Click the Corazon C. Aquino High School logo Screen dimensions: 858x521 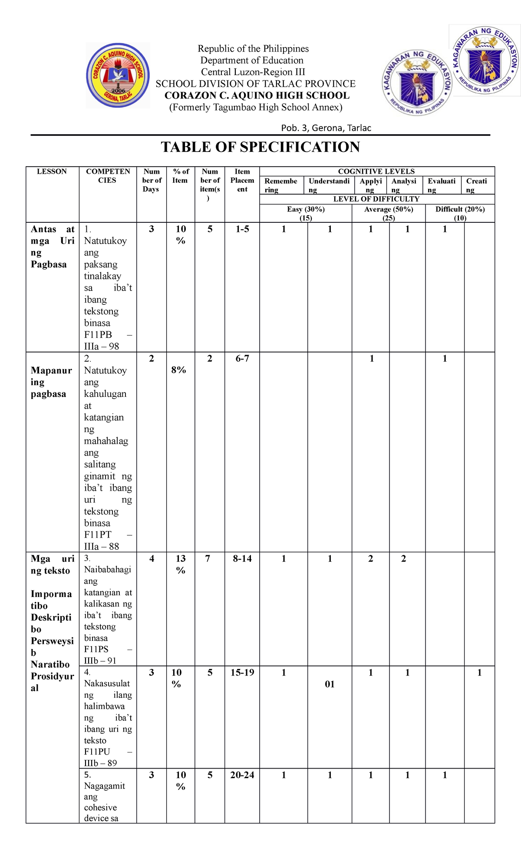point(118,76)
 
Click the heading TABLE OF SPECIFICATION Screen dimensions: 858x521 point(260,147)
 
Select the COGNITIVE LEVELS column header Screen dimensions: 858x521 point(376,172)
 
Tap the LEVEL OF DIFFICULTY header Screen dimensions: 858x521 point(376,199)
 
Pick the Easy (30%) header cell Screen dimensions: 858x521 point(306,213)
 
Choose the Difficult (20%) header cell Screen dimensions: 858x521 point(460,213)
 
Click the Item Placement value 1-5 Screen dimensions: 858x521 point(242,229)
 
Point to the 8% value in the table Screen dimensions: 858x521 point(178,370)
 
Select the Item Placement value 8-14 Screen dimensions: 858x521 point(242,559)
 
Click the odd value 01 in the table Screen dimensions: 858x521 point(330,684)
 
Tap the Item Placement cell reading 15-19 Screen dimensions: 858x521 point(242,673)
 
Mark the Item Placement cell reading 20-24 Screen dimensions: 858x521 point(242,775)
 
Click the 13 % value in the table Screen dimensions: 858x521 point(181,564)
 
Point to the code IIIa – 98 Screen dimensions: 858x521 point(102,346)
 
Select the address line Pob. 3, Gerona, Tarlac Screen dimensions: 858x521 point(326,128)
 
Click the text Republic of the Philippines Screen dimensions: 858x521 point(253,49)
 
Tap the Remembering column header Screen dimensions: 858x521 point(280,185)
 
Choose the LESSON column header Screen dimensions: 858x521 point(52,172)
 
